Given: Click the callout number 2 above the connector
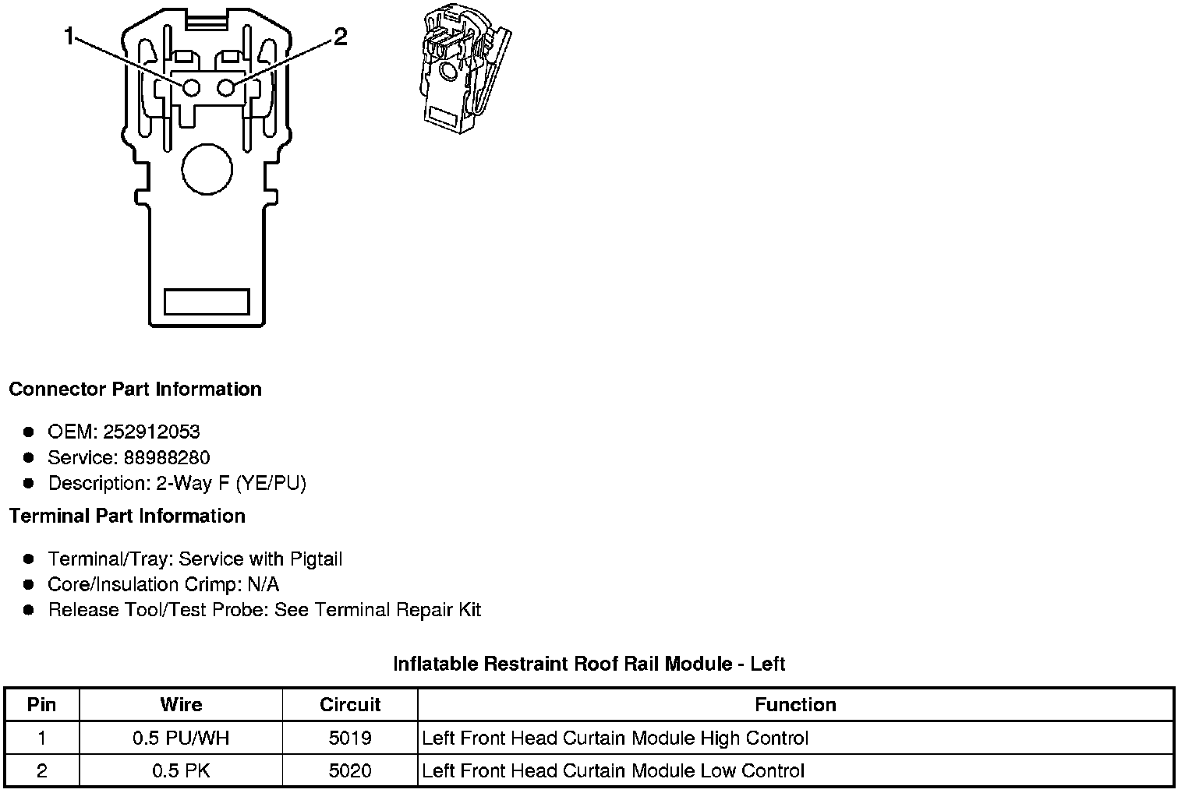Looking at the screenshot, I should coord(340,37).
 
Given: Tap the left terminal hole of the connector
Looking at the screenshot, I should coord(191,88).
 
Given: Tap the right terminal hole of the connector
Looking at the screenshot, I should coord(226,88).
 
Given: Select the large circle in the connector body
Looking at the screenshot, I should coord(207,169).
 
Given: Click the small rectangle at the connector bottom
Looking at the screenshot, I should coord(207,301).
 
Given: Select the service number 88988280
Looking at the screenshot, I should coord(166,457).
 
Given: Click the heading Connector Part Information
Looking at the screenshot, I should coord(135,389).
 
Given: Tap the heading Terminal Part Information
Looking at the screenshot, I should coord(127,516).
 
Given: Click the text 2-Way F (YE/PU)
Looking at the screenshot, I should coord(231,483).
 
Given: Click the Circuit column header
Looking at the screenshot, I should coord(350,705).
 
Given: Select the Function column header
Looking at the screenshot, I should coord(795,705).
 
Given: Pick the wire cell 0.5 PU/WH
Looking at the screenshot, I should coord(181,738).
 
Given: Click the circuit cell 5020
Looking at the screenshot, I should coord(350,770).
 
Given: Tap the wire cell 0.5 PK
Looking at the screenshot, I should coord(181,770).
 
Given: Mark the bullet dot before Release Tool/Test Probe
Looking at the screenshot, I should coord(29,610).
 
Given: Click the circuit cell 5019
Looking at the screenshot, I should coord(350,738).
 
